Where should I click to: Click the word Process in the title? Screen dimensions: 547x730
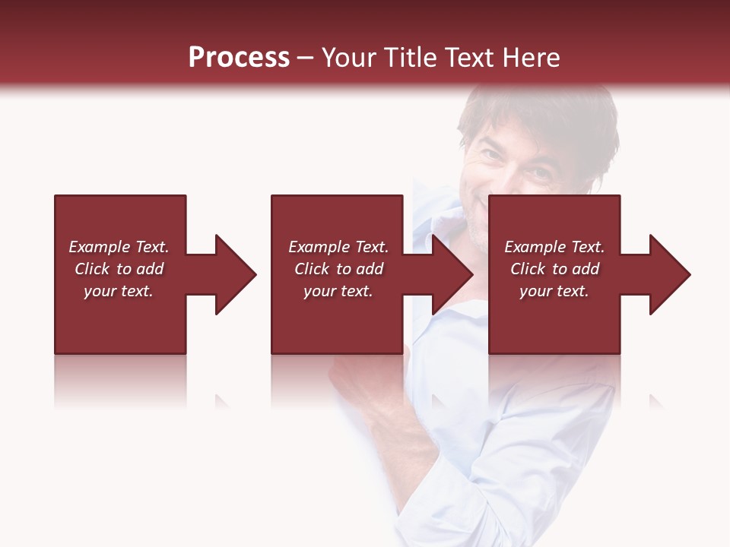click(239, 58)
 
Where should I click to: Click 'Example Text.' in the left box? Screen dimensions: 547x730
click(119, 247)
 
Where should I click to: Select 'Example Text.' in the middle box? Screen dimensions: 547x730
click(338, 247)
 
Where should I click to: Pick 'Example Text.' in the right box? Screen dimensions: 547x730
click(554, 247)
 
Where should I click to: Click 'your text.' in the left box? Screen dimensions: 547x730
click(119, 291)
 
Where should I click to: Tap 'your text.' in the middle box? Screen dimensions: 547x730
click(338, 291)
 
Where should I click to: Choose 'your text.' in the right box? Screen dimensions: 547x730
click(554, 291)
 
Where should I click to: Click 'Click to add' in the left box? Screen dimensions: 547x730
click(119, 269)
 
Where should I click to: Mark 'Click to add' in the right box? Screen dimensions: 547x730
click(554, 269)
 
